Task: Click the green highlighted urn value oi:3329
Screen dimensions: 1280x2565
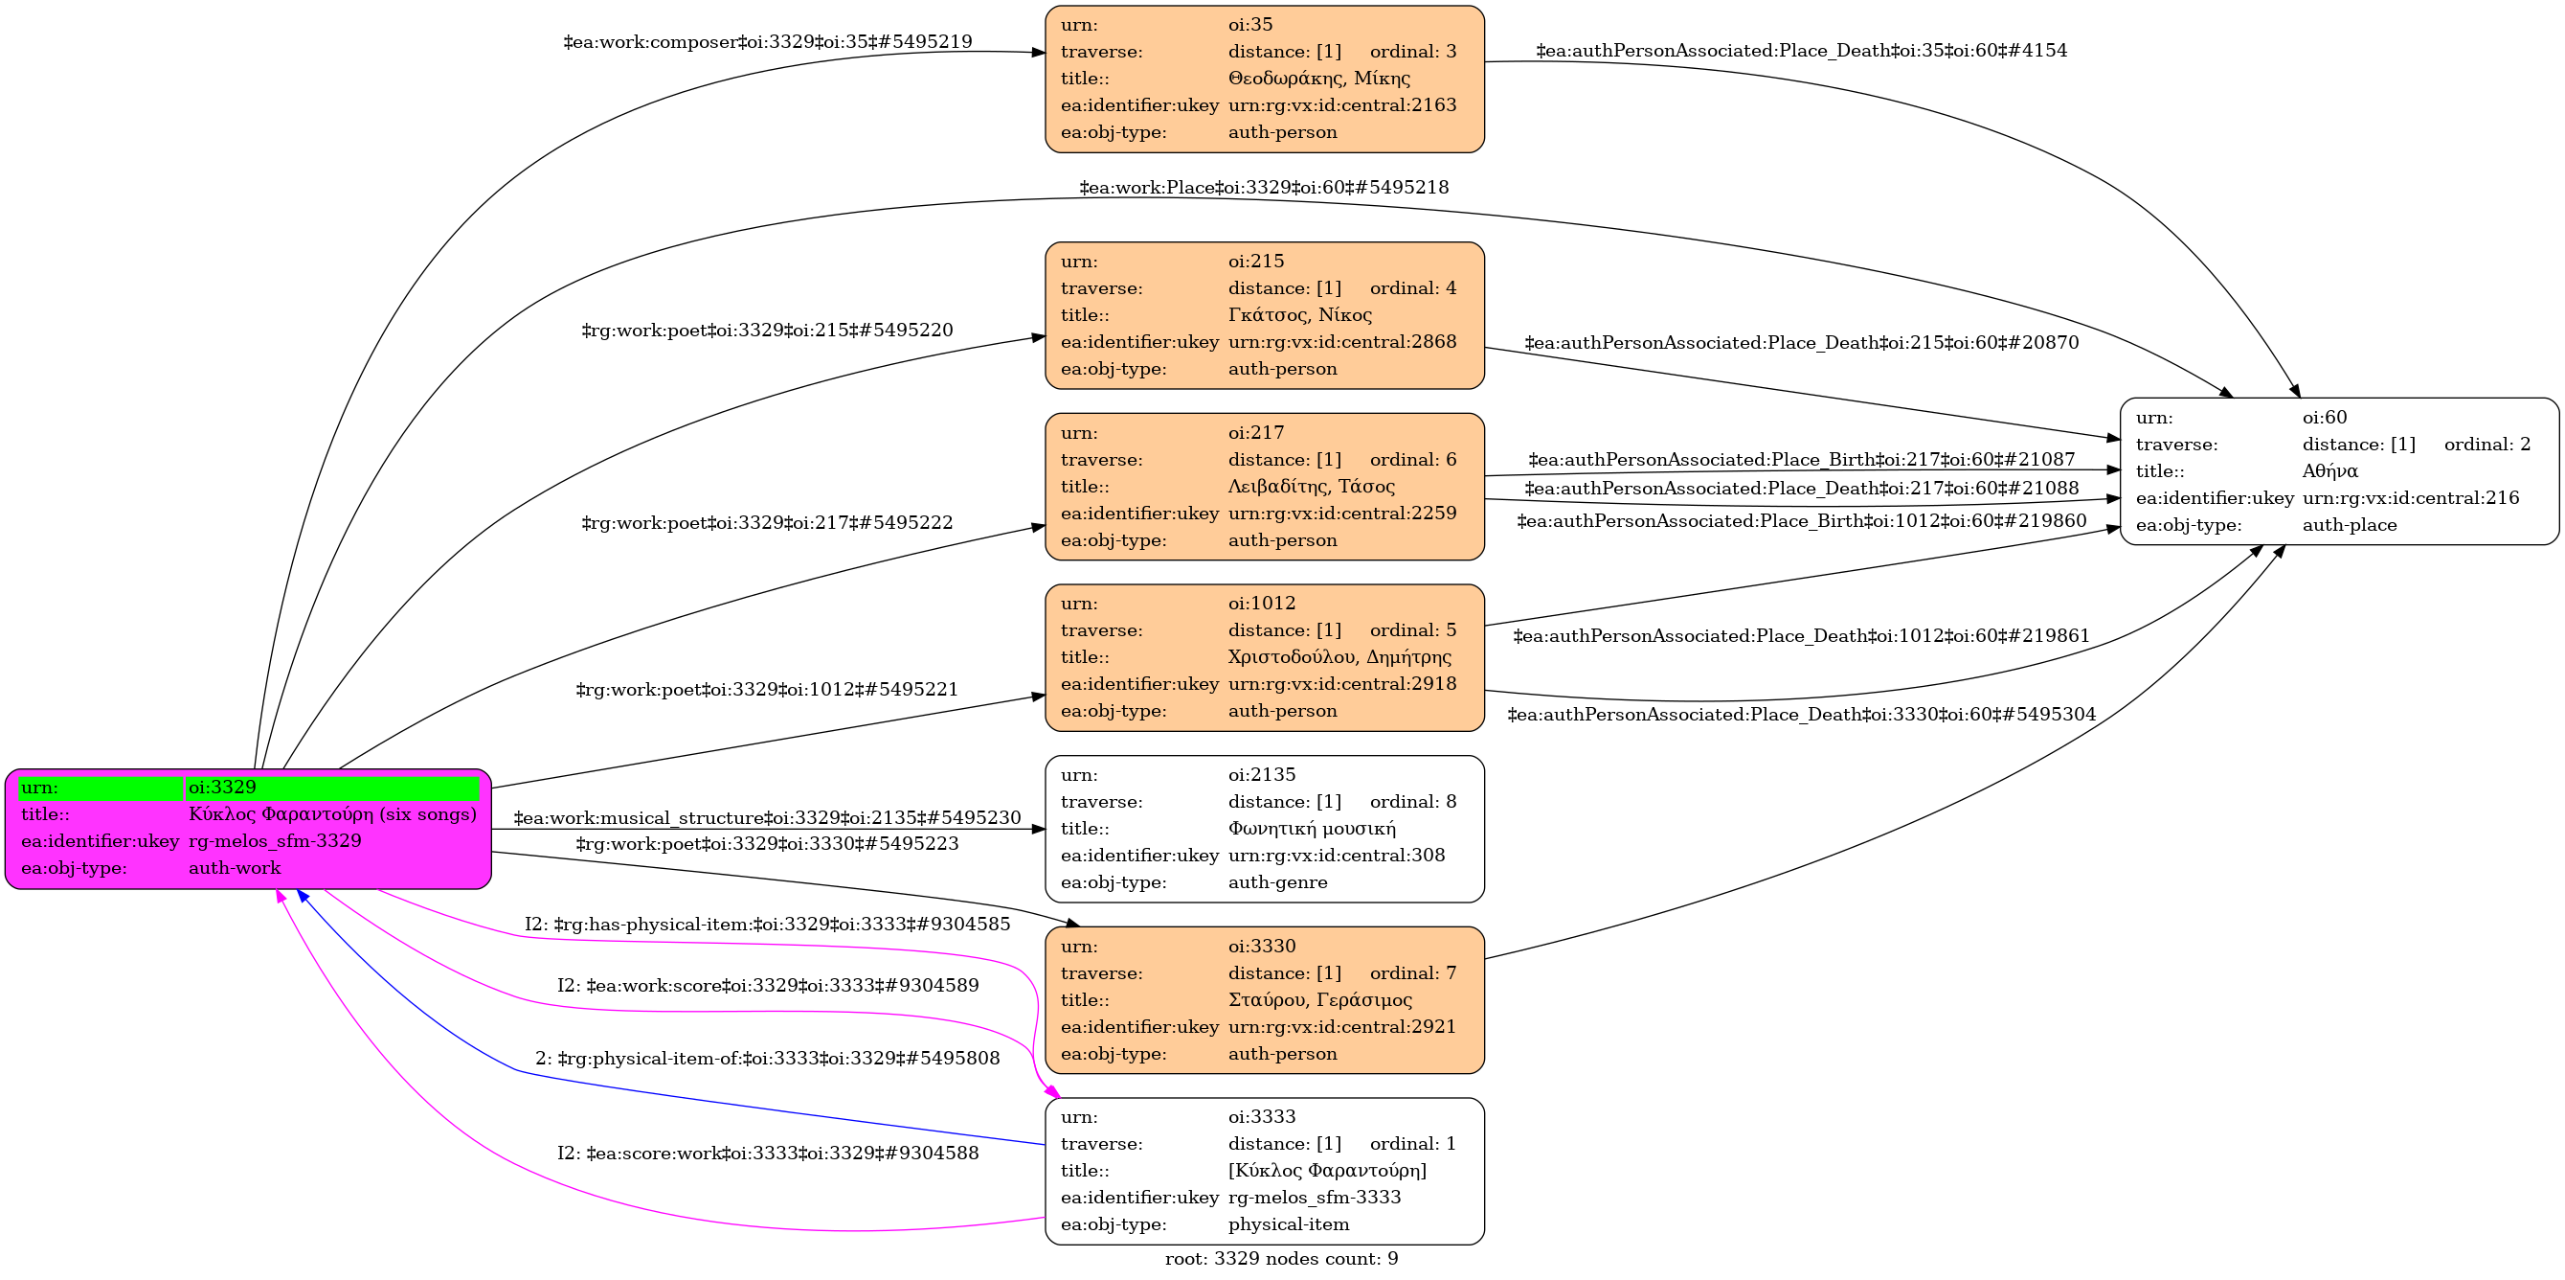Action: [x=222, y=787]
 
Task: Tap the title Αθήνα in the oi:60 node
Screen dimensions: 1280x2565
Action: [x=2329, y=471]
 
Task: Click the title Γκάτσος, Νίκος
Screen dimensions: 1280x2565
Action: [x=1299, y=315]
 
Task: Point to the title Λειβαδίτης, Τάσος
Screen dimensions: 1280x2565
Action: [x=1311, y=486]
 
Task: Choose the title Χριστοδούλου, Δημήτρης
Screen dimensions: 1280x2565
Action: [x=1339, y=657]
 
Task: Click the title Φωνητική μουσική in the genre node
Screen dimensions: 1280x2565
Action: [x=1312, y=829]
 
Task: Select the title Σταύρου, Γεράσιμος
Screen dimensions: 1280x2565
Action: [x=1319, y=1000]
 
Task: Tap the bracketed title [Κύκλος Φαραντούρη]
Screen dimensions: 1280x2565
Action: [x=1326, y=1171]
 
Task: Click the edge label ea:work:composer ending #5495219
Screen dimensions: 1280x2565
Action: [x=768, y=42]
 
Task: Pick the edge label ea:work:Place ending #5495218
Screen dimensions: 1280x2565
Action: [x=1264, y=187]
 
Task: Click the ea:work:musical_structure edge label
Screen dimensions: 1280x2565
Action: [x=767, y=818]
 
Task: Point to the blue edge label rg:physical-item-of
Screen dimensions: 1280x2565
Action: [x=767, y=1059]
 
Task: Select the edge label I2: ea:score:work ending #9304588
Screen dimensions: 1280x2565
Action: [x=767, y=1154]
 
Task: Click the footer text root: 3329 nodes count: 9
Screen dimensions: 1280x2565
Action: [x=1281, y=1259]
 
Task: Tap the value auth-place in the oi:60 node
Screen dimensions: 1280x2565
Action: [x=2349, y=525]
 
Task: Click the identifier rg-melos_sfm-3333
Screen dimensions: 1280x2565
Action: [x=1315, y=1198]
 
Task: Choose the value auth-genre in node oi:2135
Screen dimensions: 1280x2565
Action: [x=1277, y=882]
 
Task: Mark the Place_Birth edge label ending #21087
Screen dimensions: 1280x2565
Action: [x=1801, y=459]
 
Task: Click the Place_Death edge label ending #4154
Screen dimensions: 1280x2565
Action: [x=1801, y=50]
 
